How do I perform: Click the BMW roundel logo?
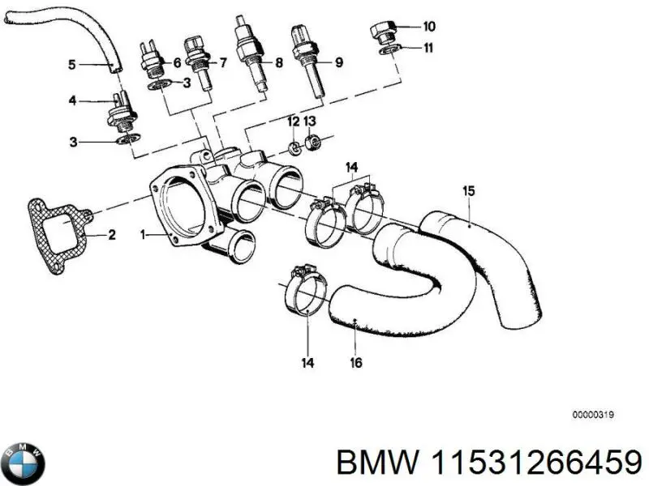tap(24, 463)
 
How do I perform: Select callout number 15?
tap(468, 192)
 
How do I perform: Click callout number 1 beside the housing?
tap(143, 236)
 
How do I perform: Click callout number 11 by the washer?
tap(428, 47)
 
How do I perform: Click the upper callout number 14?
tap(351, 168)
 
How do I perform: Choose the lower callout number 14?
tap(308, 363)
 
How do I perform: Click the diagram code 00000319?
tap(592, 414)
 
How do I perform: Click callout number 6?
tap(175, 62)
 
